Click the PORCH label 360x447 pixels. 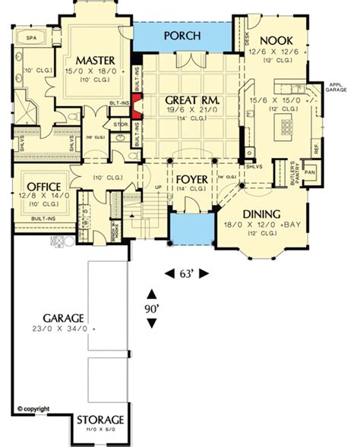click(x=182, y=36)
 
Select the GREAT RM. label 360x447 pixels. click(x=181, y=97)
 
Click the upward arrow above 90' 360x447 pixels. click(x=153, y=294)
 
